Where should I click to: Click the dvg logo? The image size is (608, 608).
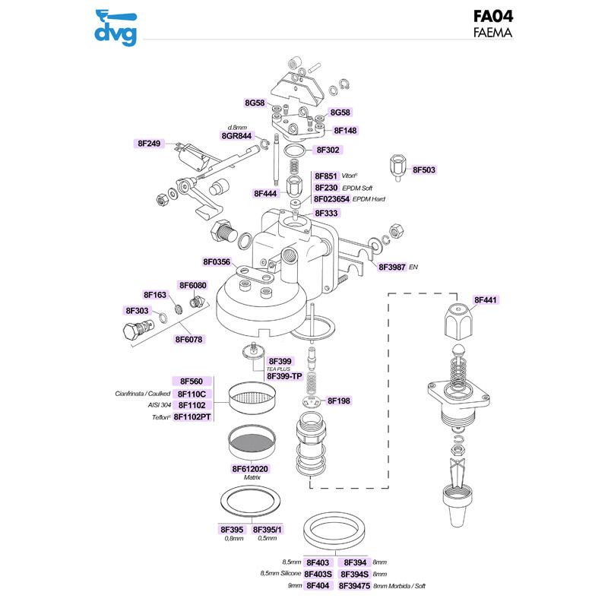116,26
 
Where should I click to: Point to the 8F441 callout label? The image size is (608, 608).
488,301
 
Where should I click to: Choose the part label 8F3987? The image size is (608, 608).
393,268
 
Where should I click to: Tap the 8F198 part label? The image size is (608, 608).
339,400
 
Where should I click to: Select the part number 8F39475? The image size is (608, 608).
355,585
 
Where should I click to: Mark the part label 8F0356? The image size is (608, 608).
217,262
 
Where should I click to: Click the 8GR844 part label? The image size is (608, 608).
236,135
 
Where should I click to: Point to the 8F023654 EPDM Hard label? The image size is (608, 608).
331,199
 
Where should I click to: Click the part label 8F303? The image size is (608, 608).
138,311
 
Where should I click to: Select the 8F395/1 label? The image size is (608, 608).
268,529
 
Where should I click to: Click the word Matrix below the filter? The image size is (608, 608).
252,477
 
